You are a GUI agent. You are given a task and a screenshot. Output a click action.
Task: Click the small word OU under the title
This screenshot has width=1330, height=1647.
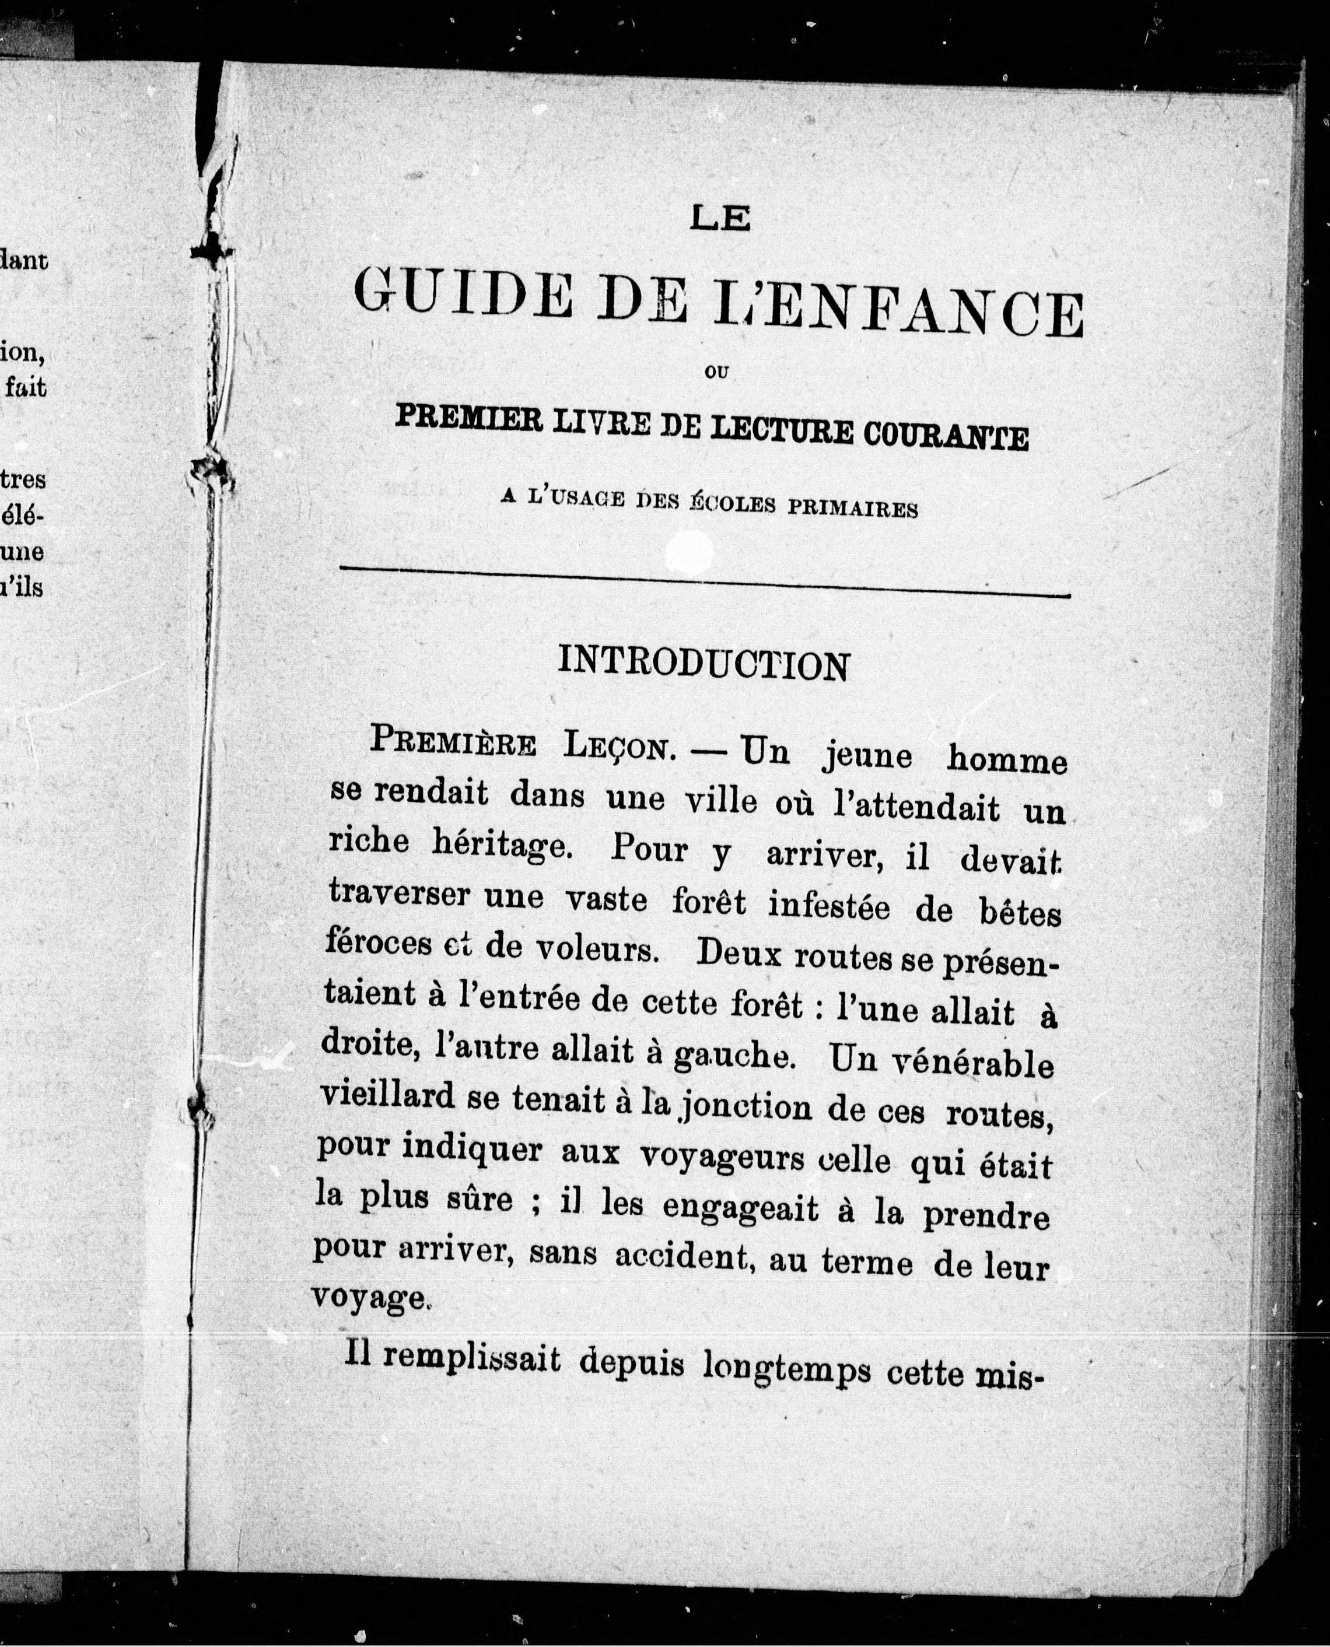716,373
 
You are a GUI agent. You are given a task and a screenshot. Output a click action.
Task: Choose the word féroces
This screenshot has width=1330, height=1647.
379,944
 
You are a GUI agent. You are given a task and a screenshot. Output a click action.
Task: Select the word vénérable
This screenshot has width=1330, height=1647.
942,1063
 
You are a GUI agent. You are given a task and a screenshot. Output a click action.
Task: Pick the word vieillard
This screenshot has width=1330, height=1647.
388,1096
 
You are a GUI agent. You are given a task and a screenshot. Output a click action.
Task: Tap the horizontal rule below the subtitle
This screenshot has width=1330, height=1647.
704,582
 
